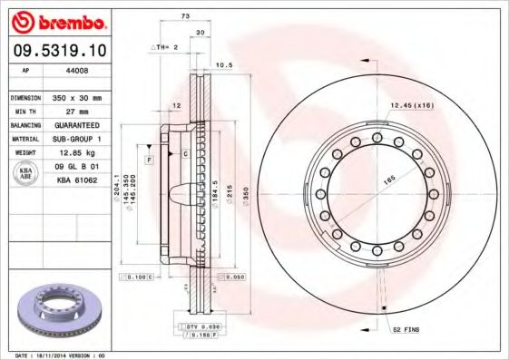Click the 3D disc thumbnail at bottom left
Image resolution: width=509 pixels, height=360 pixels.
click(x=60, y=312)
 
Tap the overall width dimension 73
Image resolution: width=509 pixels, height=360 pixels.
click(x=185, y=17)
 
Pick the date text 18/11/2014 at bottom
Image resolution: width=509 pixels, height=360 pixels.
click(x=62, y=355)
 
